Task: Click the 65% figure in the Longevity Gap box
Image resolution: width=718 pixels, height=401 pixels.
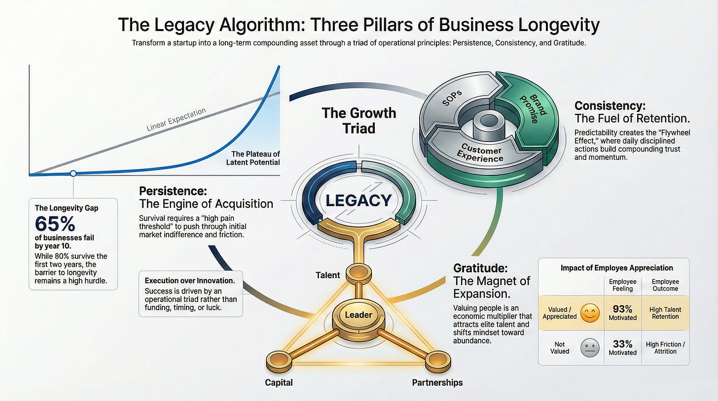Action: (x=55, y=223)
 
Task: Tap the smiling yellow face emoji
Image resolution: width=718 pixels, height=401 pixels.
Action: (x=590, y=313)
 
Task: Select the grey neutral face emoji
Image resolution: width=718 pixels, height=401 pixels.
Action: (x=590, y=348)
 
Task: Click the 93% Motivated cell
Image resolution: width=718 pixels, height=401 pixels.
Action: (x=622, y=313)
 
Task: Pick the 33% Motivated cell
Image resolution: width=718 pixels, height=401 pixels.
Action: (x=622, y=348)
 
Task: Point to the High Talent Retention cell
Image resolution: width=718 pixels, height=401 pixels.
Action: (x=665, y=313)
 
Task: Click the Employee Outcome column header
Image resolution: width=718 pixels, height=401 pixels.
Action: (x=665, y=285)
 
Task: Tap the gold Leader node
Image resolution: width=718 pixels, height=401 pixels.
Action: (x=358, y=315)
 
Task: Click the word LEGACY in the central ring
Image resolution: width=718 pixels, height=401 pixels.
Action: (x=358, y=201)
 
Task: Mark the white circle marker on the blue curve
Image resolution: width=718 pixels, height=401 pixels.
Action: (x=73, y=173)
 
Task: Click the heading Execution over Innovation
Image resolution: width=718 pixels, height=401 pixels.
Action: (x=190, y=280)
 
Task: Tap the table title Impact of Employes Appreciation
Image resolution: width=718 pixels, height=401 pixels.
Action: (x=616, y=268)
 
